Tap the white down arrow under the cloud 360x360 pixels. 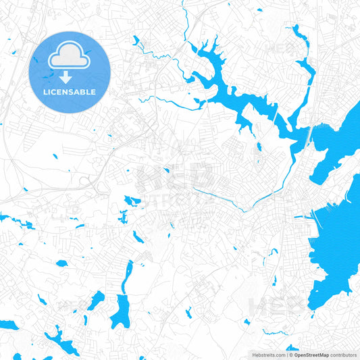pos(70,76)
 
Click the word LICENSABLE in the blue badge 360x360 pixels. pos(70,92)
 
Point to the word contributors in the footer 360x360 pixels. pos(344,355)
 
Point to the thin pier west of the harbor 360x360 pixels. pos(304,217)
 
